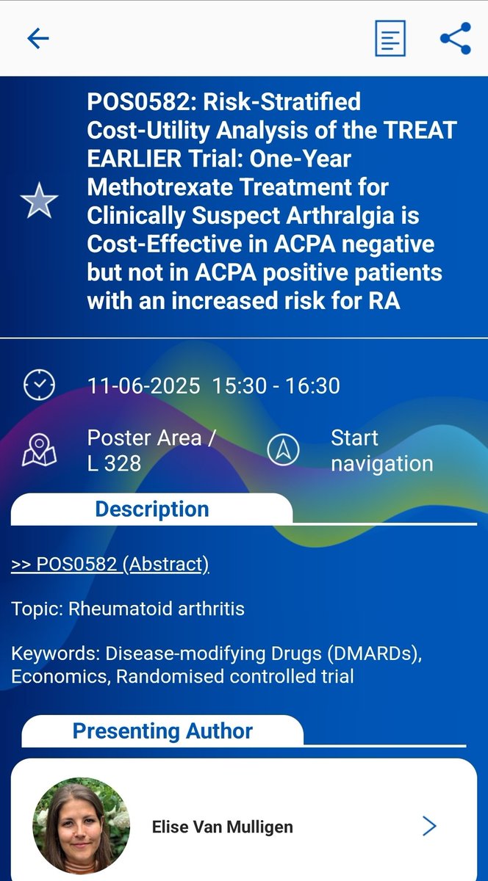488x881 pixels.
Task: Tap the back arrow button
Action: [37, 38]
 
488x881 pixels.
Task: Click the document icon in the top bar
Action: [390, 38]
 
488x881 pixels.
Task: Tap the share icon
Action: [455, 38]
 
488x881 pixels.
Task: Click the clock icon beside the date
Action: [39, 385]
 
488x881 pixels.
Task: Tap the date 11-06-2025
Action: [143, 385]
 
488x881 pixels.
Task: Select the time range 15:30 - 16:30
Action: [276, 385]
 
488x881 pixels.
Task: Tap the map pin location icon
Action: [39, 450]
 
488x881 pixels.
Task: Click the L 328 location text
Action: [114, 464]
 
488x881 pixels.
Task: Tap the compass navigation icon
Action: [283, 450]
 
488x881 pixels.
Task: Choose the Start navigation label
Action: [381, 451]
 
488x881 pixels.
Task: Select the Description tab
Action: [152, 509]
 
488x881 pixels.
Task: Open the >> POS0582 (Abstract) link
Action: [110, 564]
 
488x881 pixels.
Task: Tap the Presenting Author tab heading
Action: [162, 730]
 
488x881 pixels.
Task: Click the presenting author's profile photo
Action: [82, 826]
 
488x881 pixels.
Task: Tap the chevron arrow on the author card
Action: [430, 826]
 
